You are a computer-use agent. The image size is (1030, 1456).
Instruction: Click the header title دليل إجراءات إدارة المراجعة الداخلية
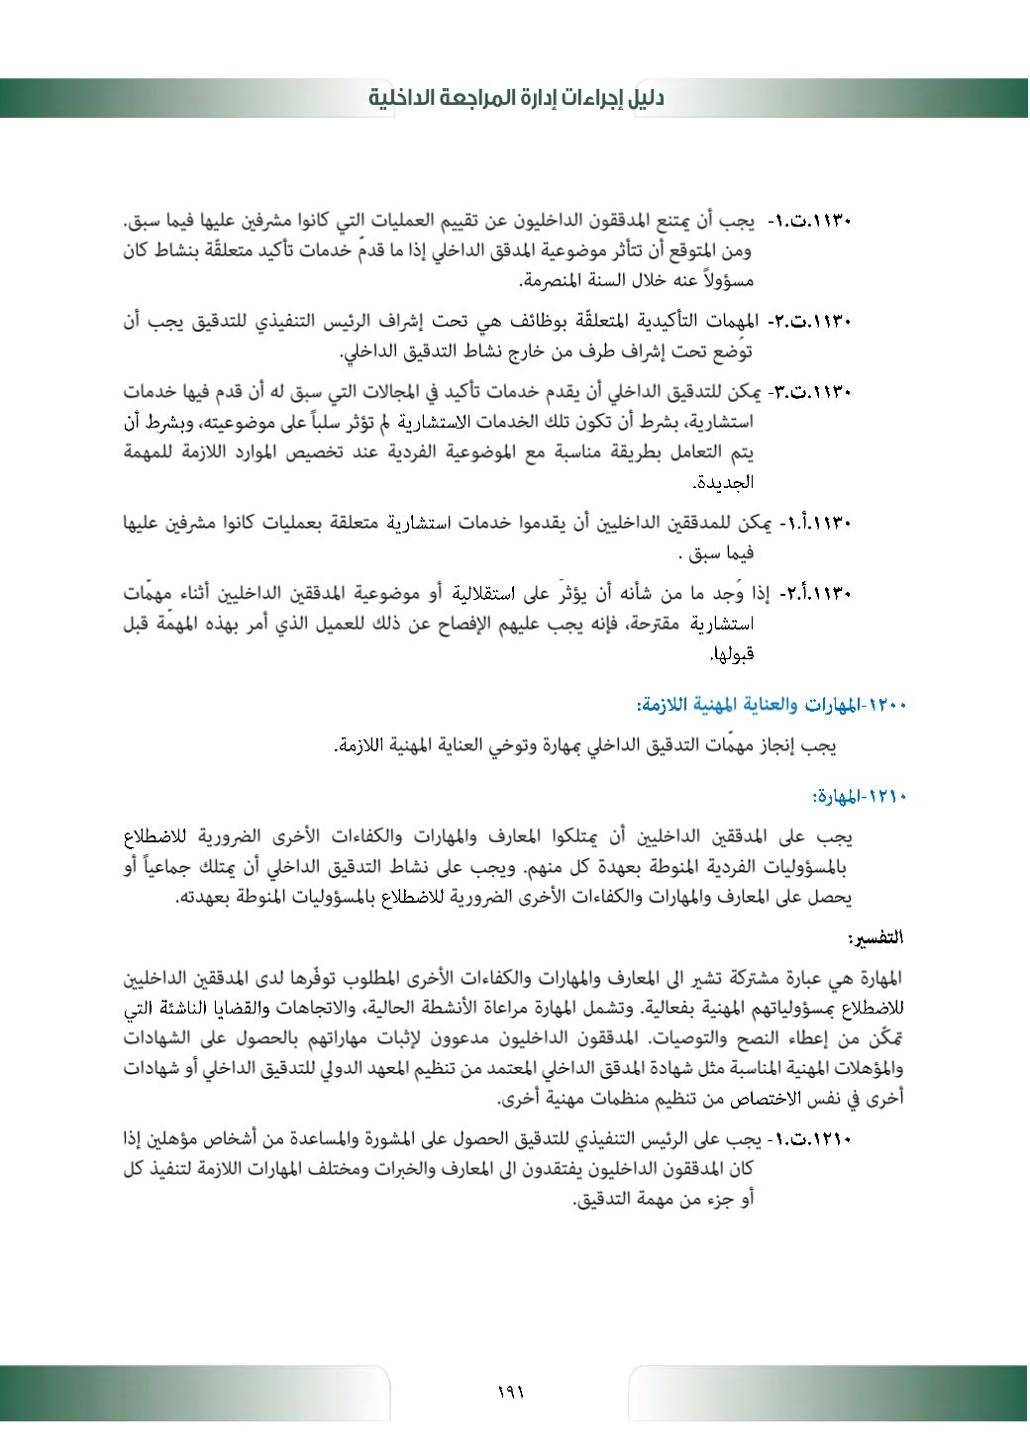coord(516,98)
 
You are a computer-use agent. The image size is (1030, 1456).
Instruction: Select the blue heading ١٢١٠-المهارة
coord(859,795)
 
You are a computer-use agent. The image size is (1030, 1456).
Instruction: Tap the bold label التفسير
coord(876,936)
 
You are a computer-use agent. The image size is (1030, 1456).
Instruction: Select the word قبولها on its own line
coord(734,654)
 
